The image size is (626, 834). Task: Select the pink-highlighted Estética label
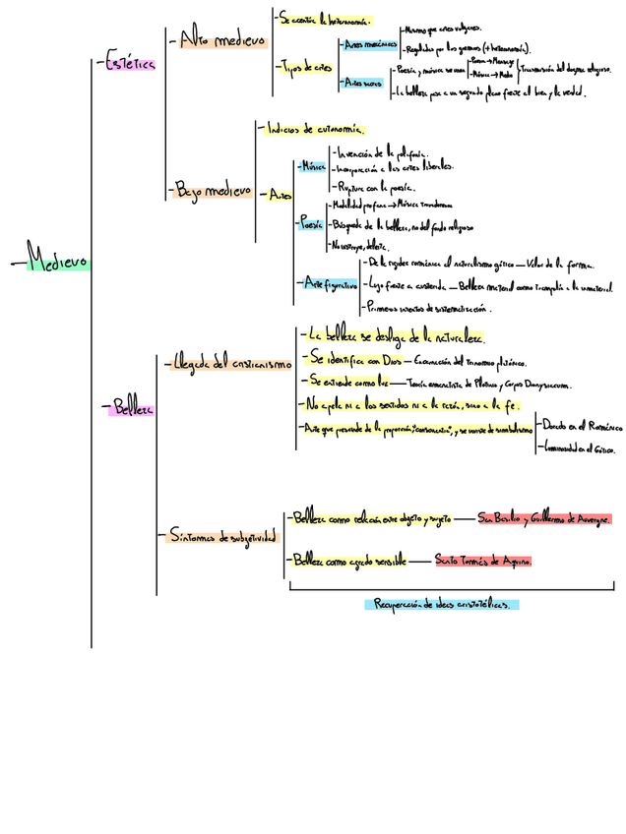point(129,63)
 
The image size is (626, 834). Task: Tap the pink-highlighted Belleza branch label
point(130,407)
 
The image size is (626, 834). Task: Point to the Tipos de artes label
point(306,67)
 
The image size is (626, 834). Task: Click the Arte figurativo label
point(329,283)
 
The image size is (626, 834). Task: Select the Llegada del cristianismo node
point(231,363)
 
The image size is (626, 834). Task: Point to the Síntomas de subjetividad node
point(222,537)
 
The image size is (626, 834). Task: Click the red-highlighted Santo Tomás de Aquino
point(482,560)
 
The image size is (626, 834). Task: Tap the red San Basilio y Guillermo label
point(543,518)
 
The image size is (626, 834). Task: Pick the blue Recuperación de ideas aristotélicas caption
point(442,604)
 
